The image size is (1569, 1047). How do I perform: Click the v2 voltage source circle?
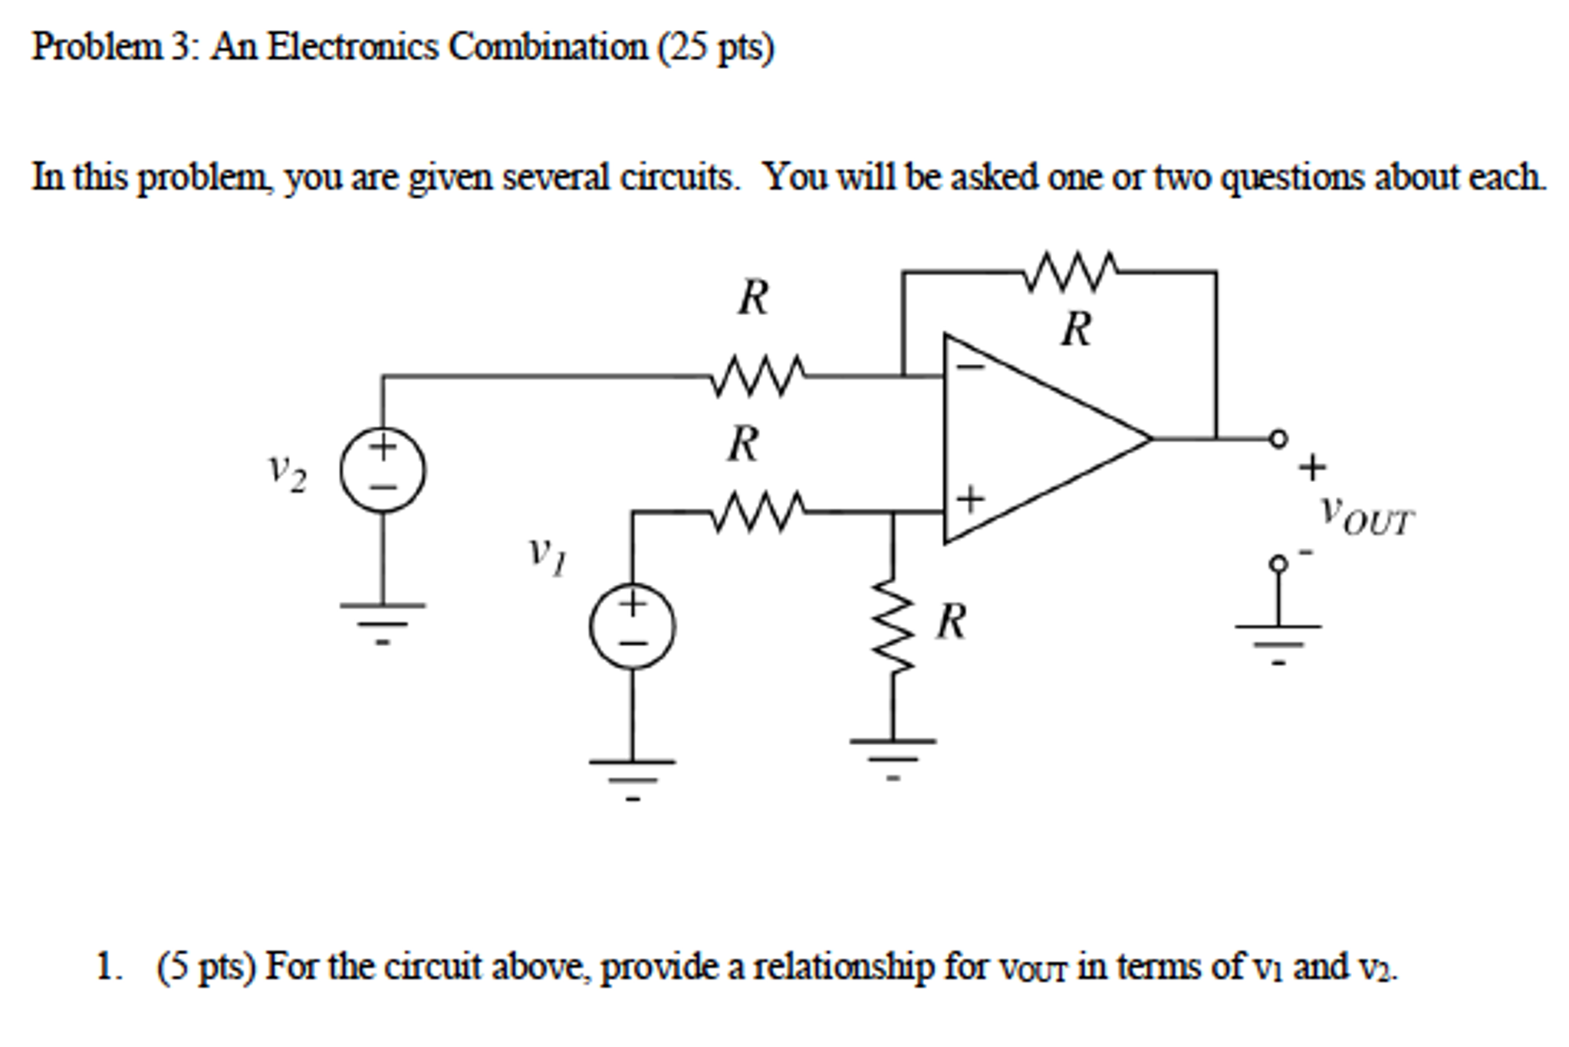tap(383, 470)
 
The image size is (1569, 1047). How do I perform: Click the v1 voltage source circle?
tap(632, 626)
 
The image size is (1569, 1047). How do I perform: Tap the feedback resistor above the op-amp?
tap(1071, 271)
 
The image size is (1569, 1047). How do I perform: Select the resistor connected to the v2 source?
tap(758, 376)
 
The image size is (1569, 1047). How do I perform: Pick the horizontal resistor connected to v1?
tap(758, 511)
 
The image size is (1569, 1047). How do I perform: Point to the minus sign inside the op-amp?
tap(971, 368)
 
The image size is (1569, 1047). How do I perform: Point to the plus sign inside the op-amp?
tap(971, 500)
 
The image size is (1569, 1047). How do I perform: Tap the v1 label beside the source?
tap(548, 555)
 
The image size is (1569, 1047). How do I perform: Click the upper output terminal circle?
tap(1278, 439)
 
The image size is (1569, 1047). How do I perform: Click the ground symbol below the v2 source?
tap(383, 619)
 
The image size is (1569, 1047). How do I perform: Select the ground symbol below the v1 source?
tap(632, 776)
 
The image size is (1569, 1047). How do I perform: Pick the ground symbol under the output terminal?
tap(1278, 640)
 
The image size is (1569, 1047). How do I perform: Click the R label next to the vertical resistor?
tap(951, 621)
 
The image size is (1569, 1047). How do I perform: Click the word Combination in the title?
tap(548, 48)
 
